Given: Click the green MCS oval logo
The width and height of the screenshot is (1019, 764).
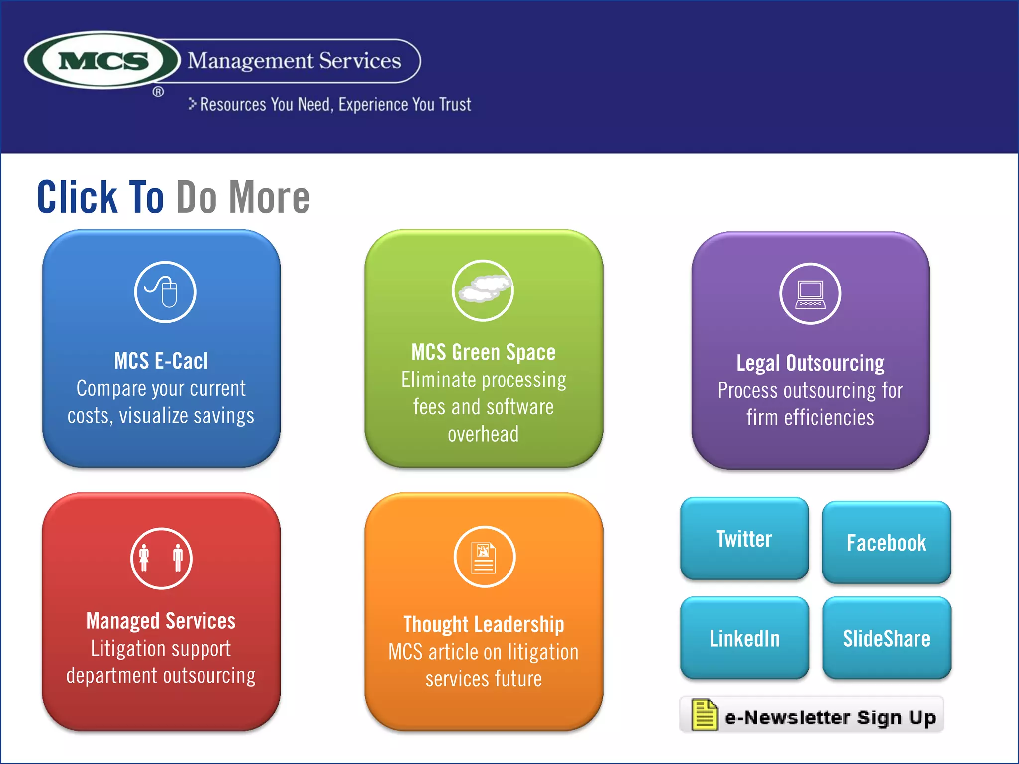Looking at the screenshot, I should (102, 61).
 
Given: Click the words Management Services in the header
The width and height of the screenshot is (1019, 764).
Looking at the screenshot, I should (294, 61).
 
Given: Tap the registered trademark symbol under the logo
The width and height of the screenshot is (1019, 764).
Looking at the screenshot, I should (158, 92).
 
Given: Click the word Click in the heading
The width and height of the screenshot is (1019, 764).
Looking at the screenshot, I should (77, 197).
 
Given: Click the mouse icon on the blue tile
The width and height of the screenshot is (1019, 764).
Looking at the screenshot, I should (165, 292).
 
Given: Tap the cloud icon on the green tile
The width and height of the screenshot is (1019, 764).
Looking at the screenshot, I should (483, 290).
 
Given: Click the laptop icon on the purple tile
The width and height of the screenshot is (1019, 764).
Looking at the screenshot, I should (810, 293).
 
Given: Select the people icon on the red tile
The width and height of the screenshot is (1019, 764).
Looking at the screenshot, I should (161, 558).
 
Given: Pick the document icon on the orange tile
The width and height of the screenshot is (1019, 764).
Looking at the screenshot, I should (485, 557).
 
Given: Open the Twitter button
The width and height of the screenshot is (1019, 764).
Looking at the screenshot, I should (744, 539).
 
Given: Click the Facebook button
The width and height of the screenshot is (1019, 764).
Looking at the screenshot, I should (887, 543).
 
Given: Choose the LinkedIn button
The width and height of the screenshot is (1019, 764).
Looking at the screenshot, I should (744, 638).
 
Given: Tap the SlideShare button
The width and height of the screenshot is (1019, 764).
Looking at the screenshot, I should (887, 638).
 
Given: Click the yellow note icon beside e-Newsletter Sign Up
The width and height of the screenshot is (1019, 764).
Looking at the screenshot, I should (704, 715).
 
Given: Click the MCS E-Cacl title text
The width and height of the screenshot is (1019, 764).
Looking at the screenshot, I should (161, 361).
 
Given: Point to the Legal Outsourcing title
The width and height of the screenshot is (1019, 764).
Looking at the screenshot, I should (810, 363).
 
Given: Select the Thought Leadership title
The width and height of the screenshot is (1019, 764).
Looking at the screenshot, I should (484, 624).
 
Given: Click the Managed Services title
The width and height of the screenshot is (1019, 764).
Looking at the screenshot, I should (161, 621).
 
